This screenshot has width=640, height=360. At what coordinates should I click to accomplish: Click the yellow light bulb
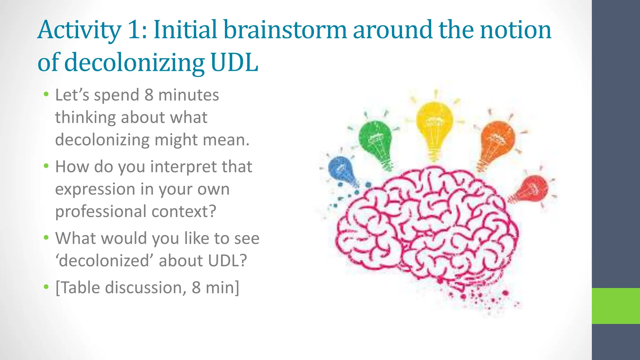click(434, 123)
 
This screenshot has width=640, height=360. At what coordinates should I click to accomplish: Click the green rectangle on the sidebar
click(616, 306)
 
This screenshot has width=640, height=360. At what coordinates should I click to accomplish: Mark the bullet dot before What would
click(46, 238)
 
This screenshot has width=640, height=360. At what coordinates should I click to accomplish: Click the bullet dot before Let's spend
click(46, 94)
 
